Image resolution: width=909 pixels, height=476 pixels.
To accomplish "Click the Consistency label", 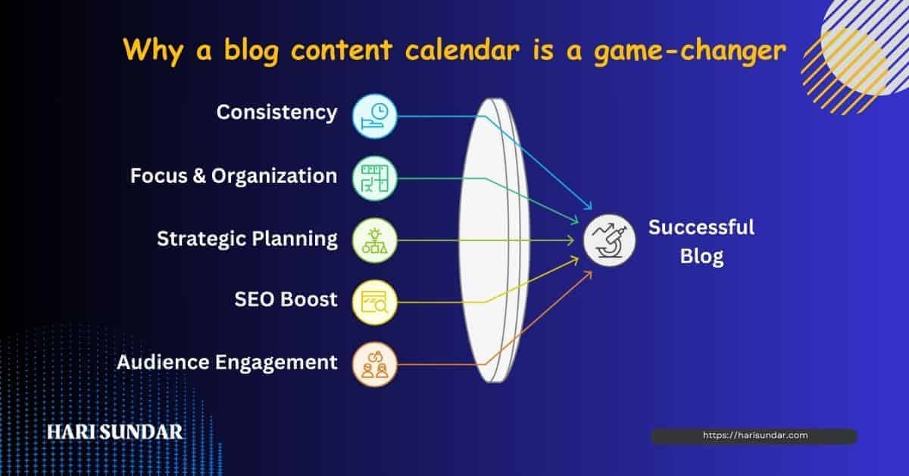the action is (276, 113).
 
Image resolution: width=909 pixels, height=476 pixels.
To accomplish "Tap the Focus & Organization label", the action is (234, 176).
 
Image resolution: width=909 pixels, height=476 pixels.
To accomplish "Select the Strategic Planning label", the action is (247, 239).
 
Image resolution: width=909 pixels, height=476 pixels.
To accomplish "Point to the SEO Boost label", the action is (286, 299).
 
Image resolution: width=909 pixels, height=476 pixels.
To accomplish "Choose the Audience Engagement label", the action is (226, 362).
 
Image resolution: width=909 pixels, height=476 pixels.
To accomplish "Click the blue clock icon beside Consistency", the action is (374, 117).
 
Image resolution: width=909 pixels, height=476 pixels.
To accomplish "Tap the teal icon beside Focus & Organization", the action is (374, 178).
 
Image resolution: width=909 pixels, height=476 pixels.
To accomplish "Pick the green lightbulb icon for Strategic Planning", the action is (374, 240).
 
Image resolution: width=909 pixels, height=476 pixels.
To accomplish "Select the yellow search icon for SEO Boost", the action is (374, 302).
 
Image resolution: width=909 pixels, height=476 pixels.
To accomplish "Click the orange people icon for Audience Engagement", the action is (374, 365).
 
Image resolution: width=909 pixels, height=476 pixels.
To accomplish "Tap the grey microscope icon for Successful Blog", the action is (610, 240).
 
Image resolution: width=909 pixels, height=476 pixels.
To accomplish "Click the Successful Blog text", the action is (701, 242).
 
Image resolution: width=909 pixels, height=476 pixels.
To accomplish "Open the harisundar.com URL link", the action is (755, 435).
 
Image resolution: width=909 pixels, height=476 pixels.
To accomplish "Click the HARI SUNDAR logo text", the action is (115, 432).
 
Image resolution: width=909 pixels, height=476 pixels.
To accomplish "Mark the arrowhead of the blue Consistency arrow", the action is (589, 207).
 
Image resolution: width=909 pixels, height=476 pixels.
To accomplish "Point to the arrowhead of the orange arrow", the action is (589, 274).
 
